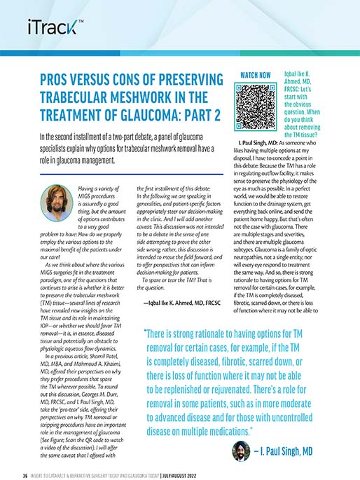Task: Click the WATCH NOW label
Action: click(x=256, y=74)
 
